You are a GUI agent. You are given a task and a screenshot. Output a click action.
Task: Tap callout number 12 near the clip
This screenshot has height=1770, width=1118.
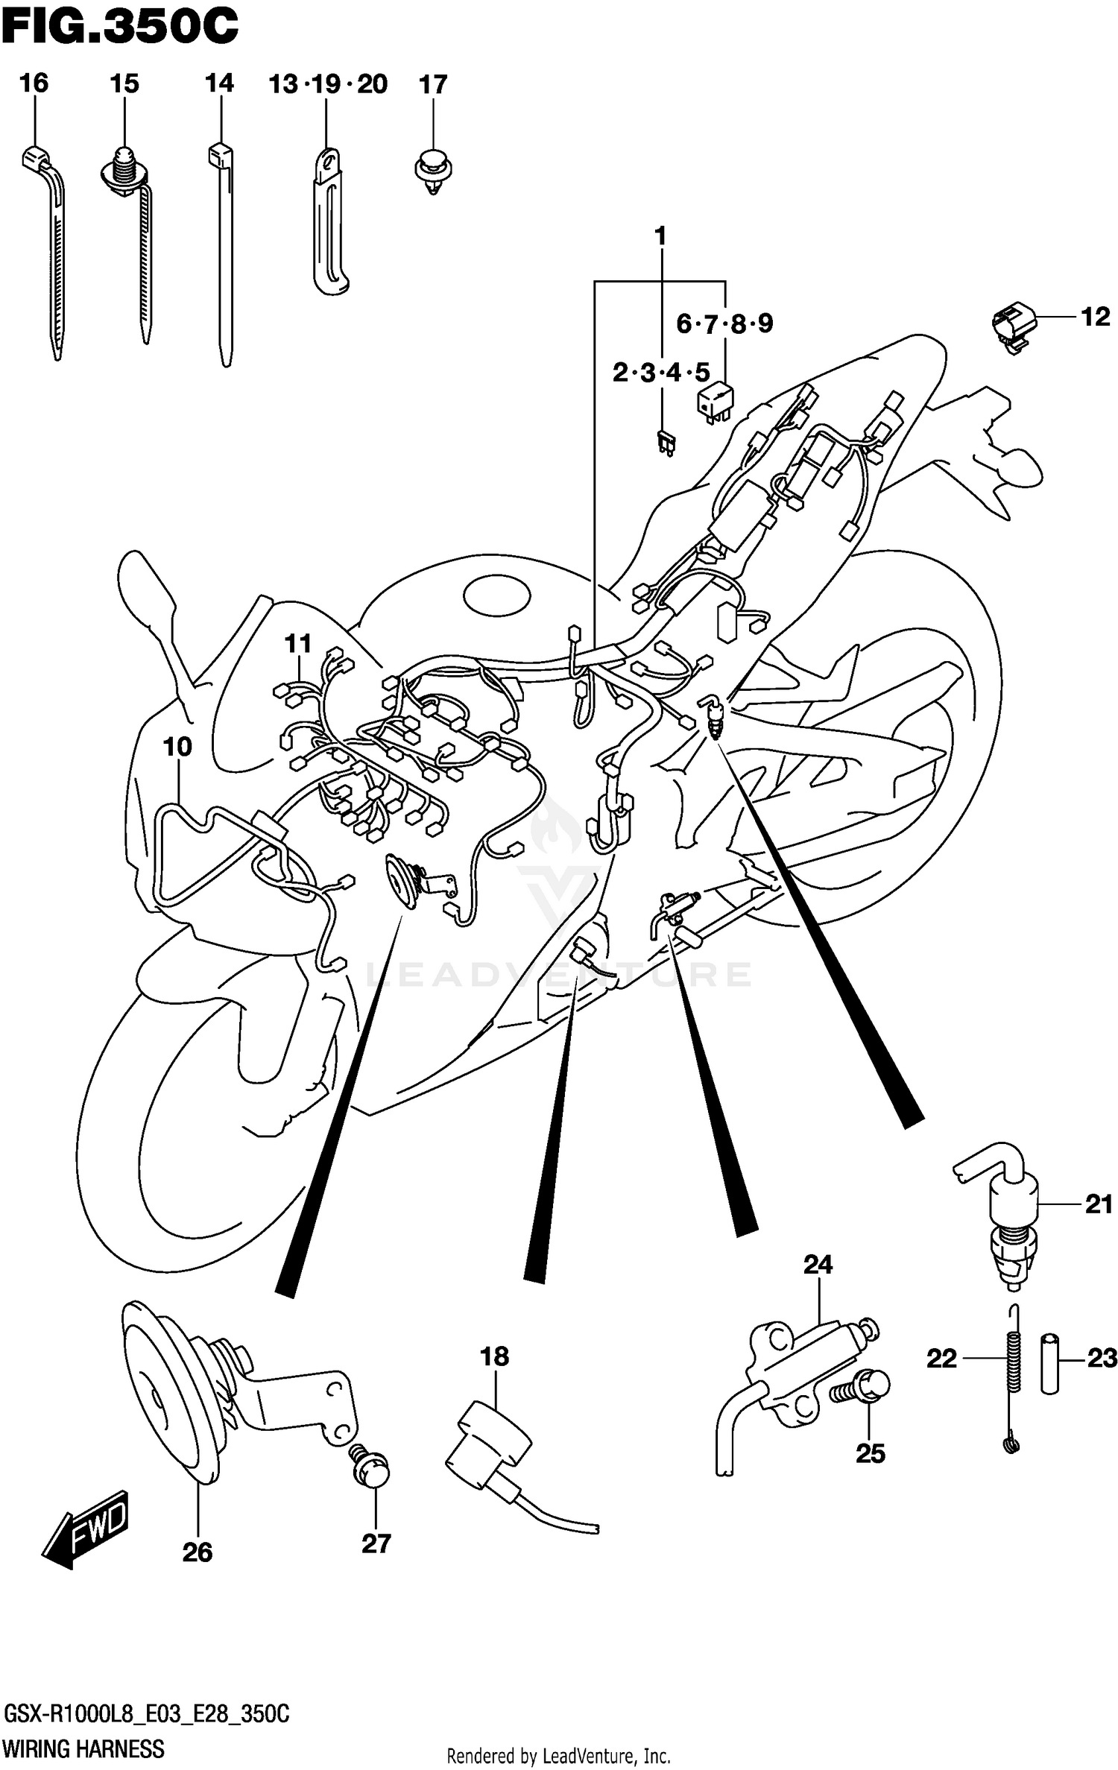click(x=1094, y=317)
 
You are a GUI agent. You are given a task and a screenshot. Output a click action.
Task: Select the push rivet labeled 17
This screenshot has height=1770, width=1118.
click(x=433, y=170)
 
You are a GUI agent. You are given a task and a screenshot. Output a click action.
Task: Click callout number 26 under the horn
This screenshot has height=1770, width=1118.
click(x=198, y=1552)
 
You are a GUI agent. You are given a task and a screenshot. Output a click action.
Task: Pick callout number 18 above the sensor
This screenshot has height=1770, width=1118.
click(x=494, y=1356)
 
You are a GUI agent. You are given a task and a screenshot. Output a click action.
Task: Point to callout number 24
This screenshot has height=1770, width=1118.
click(x=818, y=1265)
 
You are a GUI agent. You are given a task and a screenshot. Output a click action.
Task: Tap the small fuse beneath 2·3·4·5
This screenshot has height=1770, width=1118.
click(x=666, y=444)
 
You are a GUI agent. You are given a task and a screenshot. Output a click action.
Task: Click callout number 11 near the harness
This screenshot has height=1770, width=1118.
click(x=298, y=643)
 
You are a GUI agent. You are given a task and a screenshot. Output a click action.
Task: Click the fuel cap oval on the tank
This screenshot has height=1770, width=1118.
click(x=496, y=596)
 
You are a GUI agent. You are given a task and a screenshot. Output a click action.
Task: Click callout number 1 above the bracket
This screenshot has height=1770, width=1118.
click(x=660, y=236)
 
